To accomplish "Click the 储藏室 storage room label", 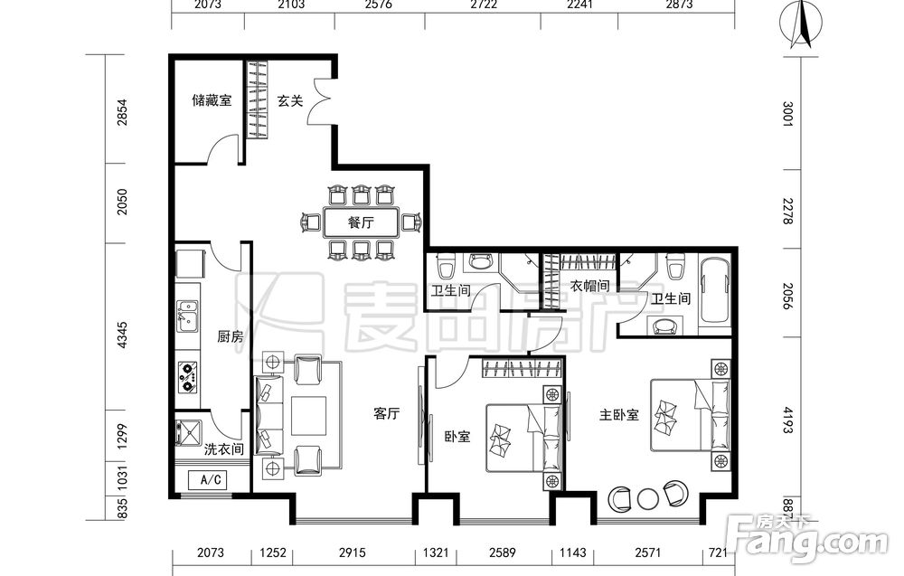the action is pyautogui.click(x=212, y=100).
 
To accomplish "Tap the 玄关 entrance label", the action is pyautogui.click(x=290, y=101).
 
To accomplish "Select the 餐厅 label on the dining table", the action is pyautogui.click(x=361, y=222).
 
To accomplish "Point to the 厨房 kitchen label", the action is pyautogui.click(x=230, y=336).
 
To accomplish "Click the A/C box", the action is pyautogui.click(x=208, y=480).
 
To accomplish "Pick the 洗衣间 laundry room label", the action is pyautogui.click(x=223, y=449).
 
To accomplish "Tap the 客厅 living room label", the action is pyautogui.click(x=386, y=413).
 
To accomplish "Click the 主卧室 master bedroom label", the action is pyautogui.click(x=618, y=414).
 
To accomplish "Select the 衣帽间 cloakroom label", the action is pyautogui.click(x=589, y=286).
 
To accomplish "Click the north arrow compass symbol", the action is pyautogui.click(x=801, y=24).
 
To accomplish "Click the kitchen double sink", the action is pyautogui.click(x=187, y=316).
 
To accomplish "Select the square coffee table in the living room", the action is pyautogui.click(x=308, y=415).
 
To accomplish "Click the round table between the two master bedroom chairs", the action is pyautogui.click(x=648, y=499).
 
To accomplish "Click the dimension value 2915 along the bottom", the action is pyautogui.click(x=352, y=552).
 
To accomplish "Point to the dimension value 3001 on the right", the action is pyautogui.click(x=787, y=114).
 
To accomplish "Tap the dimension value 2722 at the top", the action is pyautogui.click(x=483, y=5).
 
